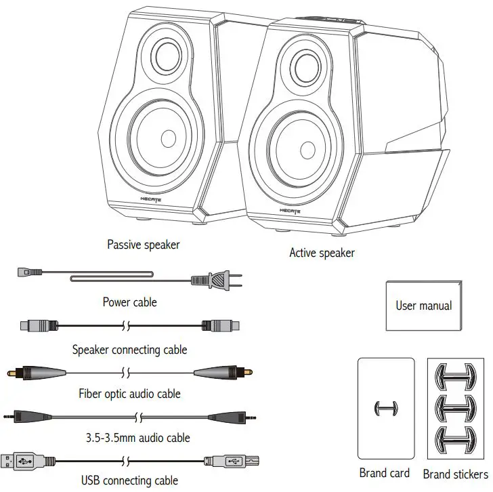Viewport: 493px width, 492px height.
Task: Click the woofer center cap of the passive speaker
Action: [168, 139]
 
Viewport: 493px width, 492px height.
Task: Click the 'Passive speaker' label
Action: [144, 244]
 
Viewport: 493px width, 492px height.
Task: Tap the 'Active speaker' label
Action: [322, 253]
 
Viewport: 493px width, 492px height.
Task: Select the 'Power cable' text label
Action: [129, 302]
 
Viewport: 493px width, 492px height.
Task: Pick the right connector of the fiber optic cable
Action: [223, 373]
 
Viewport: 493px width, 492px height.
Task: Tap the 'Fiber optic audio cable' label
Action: [129, 392]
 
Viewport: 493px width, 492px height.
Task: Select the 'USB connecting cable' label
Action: [129, 481]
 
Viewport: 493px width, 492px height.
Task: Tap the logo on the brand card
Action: [385, 409]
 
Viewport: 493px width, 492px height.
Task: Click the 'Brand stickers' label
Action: [455, 474]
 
